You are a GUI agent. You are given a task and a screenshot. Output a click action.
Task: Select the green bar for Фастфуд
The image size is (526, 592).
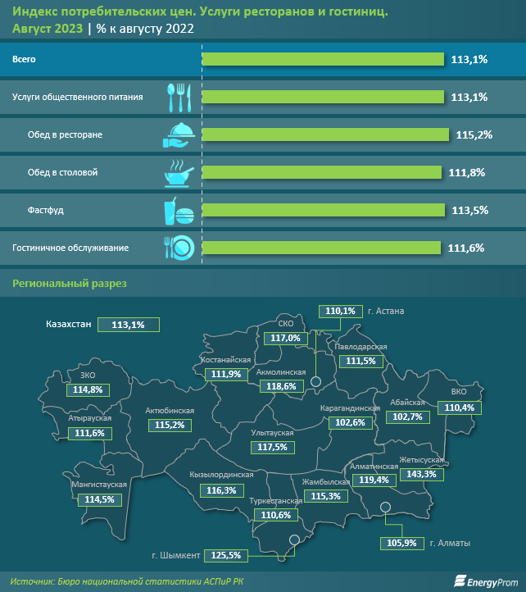(x=324, y=210)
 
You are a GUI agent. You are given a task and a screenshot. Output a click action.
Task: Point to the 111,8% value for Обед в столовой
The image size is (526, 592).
(x=468, y=172)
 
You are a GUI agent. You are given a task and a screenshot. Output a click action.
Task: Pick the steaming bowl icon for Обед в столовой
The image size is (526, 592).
(x=179, y=172)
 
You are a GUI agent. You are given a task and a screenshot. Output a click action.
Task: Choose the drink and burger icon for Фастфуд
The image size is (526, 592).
(x=179, y=211)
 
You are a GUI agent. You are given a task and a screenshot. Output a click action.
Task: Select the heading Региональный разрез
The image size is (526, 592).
(x=65, y=284)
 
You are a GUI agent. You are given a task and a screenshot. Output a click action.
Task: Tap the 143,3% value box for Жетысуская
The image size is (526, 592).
(x=421, y=474)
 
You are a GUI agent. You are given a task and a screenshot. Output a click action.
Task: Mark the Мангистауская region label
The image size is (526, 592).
(x=98, y=485)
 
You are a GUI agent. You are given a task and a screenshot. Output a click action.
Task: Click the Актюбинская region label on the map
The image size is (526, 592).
(x=169, y=410)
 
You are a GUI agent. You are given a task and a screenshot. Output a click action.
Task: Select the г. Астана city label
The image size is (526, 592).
(x=386, y=312)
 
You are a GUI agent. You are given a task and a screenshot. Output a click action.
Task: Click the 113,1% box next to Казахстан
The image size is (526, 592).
(x=127, y=325)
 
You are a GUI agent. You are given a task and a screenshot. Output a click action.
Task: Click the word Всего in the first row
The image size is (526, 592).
(x=24, y=59)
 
